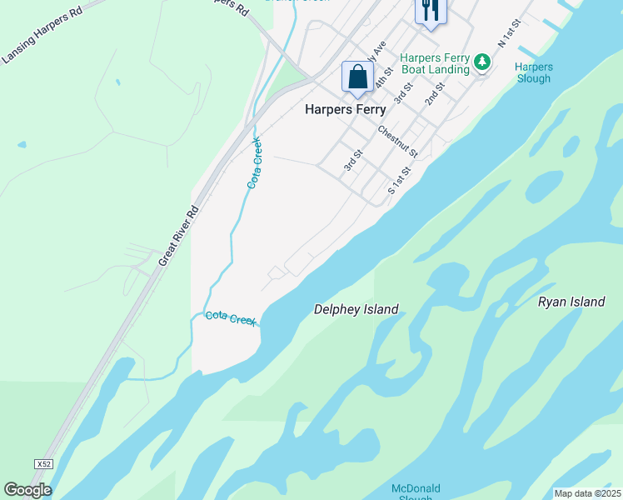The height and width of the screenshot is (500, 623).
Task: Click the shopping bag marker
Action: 358,77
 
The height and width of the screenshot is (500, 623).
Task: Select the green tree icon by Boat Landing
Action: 481,62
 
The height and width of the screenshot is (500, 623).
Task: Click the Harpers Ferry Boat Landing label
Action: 435,63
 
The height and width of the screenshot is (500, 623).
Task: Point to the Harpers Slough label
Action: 533,72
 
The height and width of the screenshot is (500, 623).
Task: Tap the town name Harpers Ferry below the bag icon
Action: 345,109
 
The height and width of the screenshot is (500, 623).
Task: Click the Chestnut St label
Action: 397,142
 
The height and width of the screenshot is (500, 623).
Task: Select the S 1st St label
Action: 401,180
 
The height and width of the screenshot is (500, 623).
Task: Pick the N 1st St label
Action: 509,32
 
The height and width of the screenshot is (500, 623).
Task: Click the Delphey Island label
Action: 356,310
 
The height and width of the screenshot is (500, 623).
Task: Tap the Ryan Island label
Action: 571,302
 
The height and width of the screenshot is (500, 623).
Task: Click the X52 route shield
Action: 44,463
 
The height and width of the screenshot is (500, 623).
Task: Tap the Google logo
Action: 27,490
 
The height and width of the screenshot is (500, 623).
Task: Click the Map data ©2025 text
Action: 588,493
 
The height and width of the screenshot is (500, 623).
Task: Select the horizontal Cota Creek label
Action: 231,317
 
